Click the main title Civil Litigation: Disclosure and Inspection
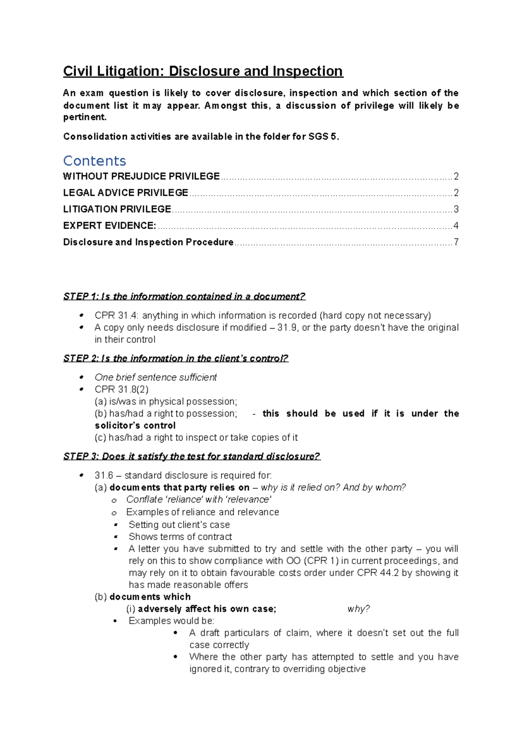pyautogui.click(x=203, y=71)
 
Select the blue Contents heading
pyautogui.click(x=94, y=161)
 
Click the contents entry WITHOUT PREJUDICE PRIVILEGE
pyautogui.click(x=141, y=176)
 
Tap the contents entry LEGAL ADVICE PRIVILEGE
pyautogui.click(x=126, y=193)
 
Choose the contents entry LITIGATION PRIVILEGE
pyautogui.click(x=117, y=209)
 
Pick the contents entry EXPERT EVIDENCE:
pyautogui.click(x=110, y=225)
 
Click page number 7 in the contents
pyautogui.click(x=456, y=242)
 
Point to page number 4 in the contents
pyautogui.click(x=456, y=225)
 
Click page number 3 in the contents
pyautogui.click(x=456, y=209)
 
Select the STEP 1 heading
pyautogui.click(x=184, y=297)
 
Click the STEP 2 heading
pyautogui.click(x=176, y=359)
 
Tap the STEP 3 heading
pyautogui.click(x=191, y=457)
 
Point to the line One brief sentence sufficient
pyautogui.click(x=156, y=377)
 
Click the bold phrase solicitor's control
pyautogui.click(x=135, y=426)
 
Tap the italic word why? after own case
pyautogui.click(x=358, y=609)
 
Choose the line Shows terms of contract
pyautogui.click(x=180, y=537)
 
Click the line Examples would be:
pyautogui.click(x=171, y=621)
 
